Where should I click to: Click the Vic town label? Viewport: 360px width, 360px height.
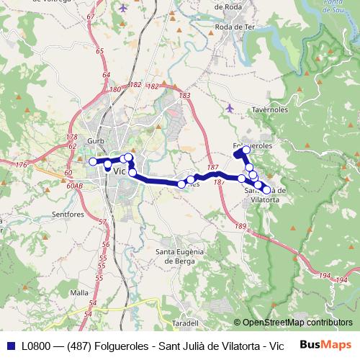[120, 171]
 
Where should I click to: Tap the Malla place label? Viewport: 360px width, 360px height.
[79, 293]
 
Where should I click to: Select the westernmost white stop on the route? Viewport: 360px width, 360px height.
[92, 161]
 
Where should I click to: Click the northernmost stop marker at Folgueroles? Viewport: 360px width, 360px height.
[246, 150]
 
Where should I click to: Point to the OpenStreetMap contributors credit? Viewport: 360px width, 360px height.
[293, 323]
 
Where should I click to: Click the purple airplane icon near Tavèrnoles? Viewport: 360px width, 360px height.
[230, 108]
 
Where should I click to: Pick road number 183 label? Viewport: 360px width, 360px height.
[185, 95]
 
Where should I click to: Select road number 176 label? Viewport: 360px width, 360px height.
[21, 166]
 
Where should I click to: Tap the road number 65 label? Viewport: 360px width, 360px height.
[99, 50]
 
